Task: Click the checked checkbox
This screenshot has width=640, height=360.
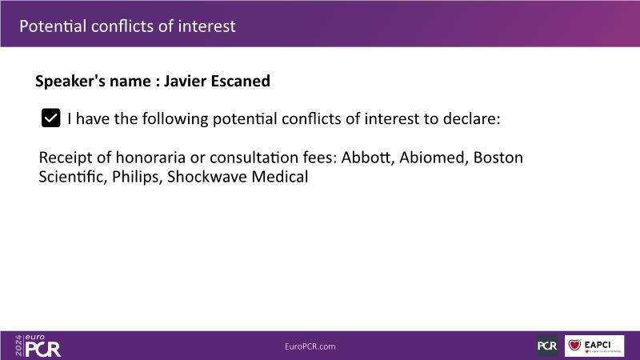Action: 50,118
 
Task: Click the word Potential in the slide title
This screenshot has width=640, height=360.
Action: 53,26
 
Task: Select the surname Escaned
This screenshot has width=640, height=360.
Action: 241,81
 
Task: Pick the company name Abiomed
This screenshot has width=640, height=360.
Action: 434,157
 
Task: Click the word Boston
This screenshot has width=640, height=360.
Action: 498,157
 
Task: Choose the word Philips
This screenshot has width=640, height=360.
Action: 137,177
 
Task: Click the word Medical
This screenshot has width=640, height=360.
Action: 279,177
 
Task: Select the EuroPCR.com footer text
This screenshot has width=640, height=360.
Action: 310,346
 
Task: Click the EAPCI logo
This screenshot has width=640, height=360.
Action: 594,346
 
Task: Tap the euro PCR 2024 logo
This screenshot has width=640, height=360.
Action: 38,346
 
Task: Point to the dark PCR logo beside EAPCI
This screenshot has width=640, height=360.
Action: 547,346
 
